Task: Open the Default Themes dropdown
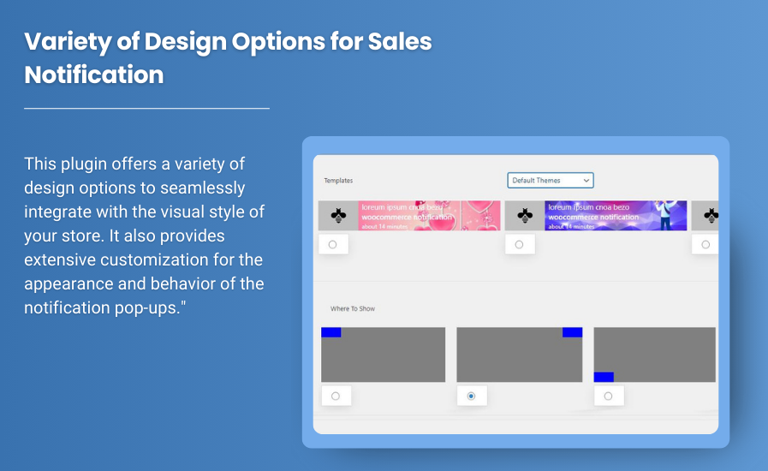550,181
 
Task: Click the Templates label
338,181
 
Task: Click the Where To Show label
353,308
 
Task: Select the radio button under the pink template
332,244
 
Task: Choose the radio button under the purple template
519,244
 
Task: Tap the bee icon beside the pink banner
338,216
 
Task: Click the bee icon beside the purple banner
525,216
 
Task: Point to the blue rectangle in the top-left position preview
331,332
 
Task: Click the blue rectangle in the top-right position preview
572,332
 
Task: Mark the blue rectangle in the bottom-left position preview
604,377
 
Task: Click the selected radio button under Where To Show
471,396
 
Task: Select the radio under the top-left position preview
335,396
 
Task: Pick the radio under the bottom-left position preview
608,396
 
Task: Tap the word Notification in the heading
94,75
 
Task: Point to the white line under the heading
146,109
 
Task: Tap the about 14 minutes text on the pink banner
383,226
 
